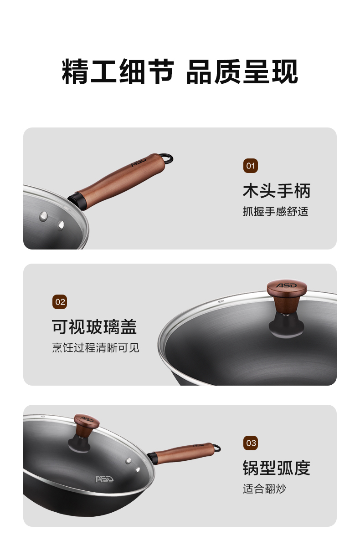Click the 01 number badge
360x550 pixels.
tap(250, 166)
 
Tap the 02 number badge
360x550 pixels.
tap(60, 302)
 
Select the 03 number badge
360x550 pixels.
tap(250, 443)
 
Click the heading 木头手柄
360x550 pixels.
tap(277, 191)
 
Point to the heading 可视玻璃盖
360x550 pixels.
tap(94, 327)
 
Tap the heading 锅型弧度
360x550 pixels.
tap(277, 468)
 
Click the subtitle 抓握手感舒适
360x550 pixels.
tap(275, 211)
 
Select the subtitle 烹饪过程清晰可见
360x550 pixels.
tap(96, 347)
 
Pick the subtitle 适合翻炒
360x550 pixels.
tap(265, 489)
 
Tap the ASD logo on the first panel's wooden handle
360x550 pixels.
tap(139, 162)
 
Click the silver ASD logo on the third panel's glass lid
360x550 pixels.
tap(104, 479)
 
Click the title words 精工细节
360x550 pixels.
tap(118, 71)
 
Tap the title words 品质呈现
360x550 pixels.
tap(242, 71)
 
